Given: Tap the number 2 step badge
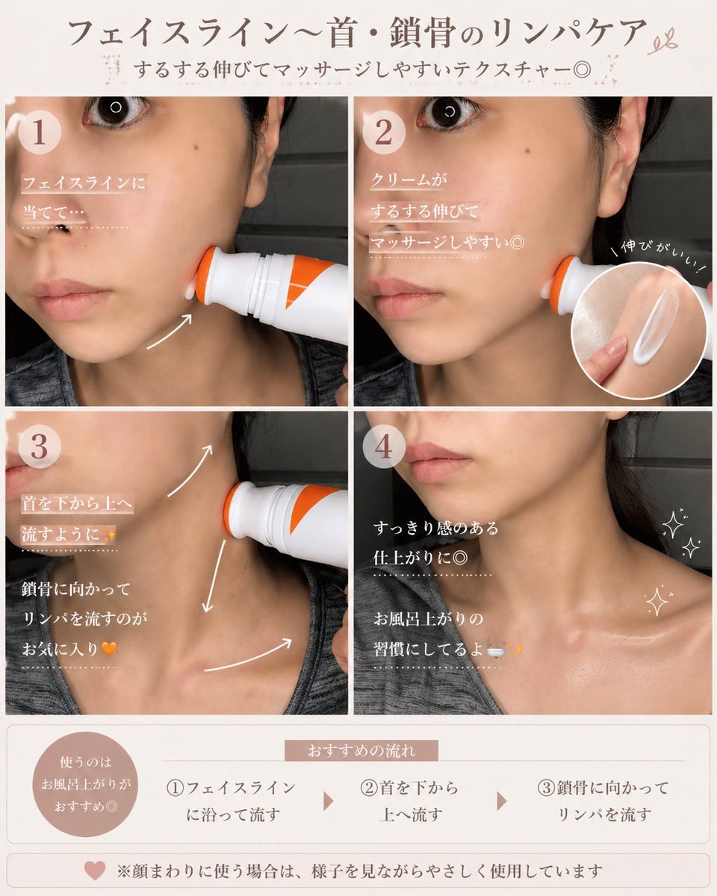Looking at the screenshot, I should pos(385,134).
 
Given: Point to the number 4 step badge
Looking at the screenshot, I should pos(385,447).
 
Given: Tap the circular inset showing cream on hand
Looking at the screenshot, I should pos(641,323).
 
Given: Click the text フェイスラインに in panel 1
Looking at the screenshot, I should pos(84,183).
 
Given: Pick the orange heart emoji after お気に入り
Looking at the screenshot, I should pos(109,649).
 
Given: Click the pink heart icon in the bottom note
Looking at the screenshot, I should pos(95,871).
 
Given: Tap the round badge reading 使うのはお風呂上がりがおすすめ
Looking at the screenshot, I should pos(87,785).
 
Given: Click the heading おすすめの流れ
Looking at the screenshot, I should pos(361,750).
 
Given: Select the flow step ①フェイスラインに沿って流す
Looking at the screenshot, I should pos(231,800).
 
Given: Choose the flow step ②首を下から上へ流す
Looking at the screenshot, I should pos(409,800).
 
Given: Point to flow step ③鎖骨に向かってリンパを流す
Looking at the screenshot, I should pos(603,800).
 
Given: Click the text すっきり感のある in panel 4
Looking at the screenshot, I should pos(435,528).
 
